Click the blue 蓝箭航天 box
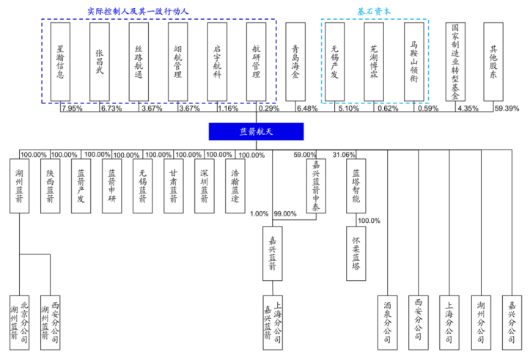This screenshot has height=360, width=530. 255,131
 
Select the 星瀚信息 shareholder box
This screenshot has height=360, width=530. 60,63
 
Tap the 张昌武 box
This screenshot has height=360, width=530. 99,63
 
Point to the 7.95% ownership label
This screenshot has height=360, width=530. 72,109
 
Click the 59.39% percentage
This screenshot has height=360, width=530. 507,109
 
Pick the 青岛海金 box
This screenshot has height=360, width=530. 295,63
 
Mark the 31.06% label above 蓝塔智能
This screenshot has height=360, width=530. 345,155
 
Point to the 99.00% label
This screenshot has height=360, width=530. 284,214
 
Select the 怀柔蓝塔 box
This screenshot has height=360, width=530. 356,252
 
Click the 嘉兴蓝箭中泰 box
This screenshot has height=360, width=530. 317,186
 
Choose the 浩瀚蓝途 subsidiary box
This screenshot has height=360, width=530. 235,186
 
